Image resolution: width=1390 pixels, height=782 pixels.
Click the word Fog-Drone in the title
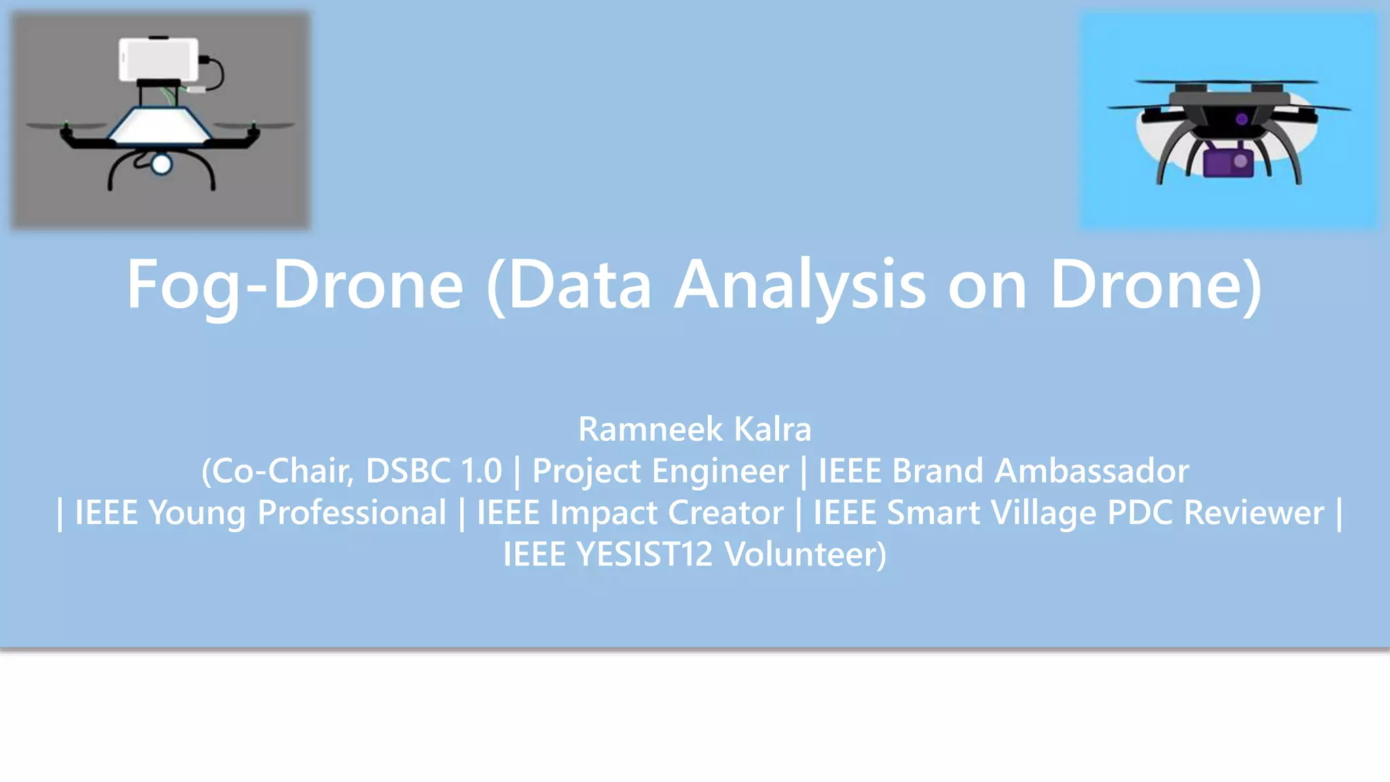(x=295, y=285)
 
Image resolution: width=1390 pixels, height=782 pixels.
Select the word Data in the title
(x=580, y=285)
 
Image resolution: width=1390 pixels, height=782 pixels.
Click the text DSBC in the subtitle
(x=408, y=470)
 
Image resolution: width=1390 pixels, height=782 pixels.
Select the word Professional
(x=352, y=513)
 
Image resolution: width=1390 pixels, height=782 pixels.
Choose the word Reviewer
(x=1253, y=513)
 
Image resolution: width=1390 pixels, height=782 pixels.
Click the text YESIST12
(x=645, y=554)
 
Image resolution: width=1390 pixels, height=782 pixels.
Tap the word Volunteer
(x=805, y=554)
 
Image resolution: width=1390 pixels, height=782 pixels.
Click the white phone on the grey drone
(x=159, y=59)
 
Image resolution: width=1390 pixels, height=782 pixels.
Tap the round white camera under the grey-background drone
(x=162, y=164)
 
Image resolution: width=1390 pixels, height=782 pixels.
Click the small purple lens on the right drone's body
(x=1241, y=119)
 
